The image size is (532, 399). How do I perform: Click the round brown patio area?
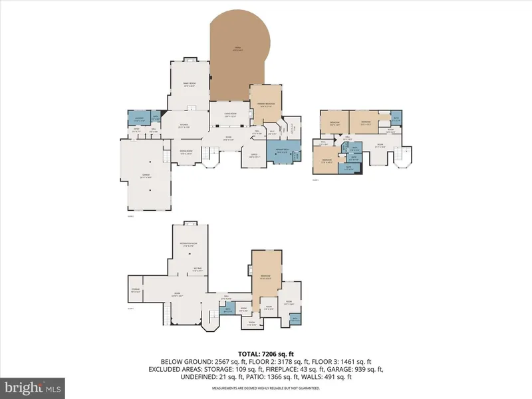(x=238, y=50)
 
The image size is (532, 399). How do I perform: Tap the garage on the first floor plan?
(x=144, y=176)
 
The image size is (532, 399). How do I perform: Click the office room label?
(x=253, y=156)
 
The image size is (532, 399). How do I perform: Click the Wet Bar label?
(x=198, y=269)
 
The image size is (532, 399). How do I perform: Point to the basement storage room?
(x=136, y=289)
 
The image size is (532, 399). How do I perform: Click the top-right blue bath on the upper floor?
(x=396, y=120)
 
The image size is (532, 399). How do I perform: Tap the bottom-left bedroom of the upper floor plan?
(x=327, y=162)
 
